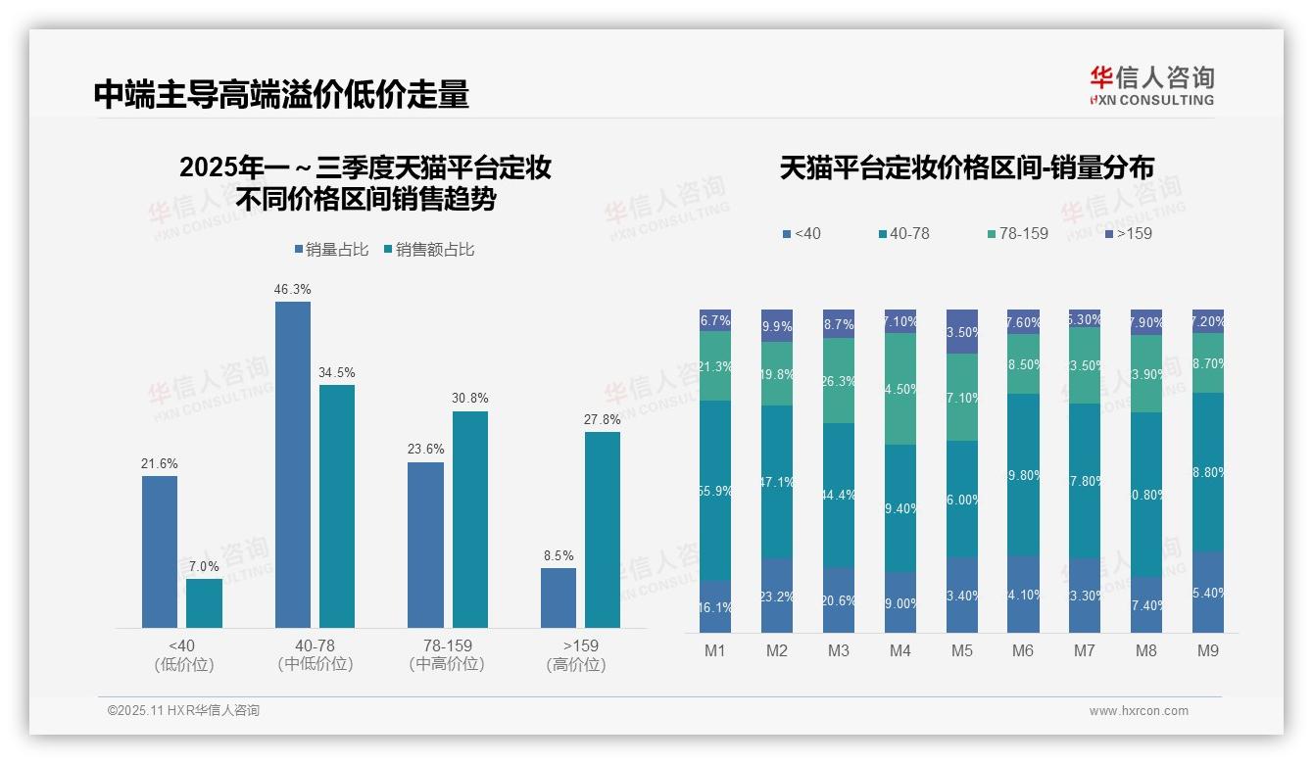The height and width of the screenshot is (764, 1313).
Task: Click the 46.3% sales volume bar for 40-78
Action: pyautogui.click(x=293, y=464)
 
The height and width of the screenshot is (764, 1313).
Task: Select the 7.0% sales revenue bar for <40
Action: pyautogui.click(x=205, y=603)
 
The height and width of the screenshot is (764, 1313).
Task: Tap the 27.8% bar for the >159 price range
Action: pyautogui.click(x=603, y=530)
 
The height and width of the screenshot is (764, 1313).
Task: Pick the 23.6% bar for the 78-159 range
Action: pyautogui.click(x=425, y=545)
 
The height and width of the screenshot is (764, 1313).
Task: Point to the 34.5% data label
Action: pyautogui.click(x=337, y=373)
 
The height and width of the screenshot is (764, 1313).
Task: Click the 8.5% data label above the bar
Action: pyautogui.click(x=559, y=555)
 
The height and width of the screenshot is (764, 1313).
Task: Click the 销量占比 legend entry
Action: pyautogui.click(x=331, y=250)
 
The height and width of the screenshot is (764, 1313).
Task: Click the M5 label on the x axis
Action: pyautogui.click(x=961, y=650)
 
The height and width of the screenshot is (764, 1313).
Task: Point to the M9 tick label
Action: pyautogui.click(x=1207, y=650)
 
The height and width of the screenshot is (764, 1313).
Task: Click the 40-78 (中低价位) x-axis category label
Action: pyautogui.click(x=315, y=655)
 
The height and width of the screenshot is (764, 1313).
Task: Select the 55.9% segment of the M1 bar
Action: pyautogui.click(x=715, y=490)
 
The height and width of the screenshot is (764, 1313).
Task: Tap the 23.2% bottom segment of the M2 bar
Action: pyautogui.click(x=777, y=596)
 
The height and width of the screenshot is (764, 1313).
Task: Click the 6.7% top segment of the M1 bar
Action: pyautogui.click(x=715, y=320)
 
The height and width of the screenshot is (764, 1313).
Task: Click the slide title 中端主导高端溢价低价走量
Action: pyautogui.click(x=282, y=94)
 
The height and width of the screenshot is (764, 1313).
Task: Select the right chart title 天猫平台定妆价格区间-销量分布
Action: pyautogui.click(x=966, y=167)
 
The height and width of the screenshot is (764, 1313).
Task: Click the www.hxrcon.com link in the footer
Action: pyautogui.click(x=1139, y=711)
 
